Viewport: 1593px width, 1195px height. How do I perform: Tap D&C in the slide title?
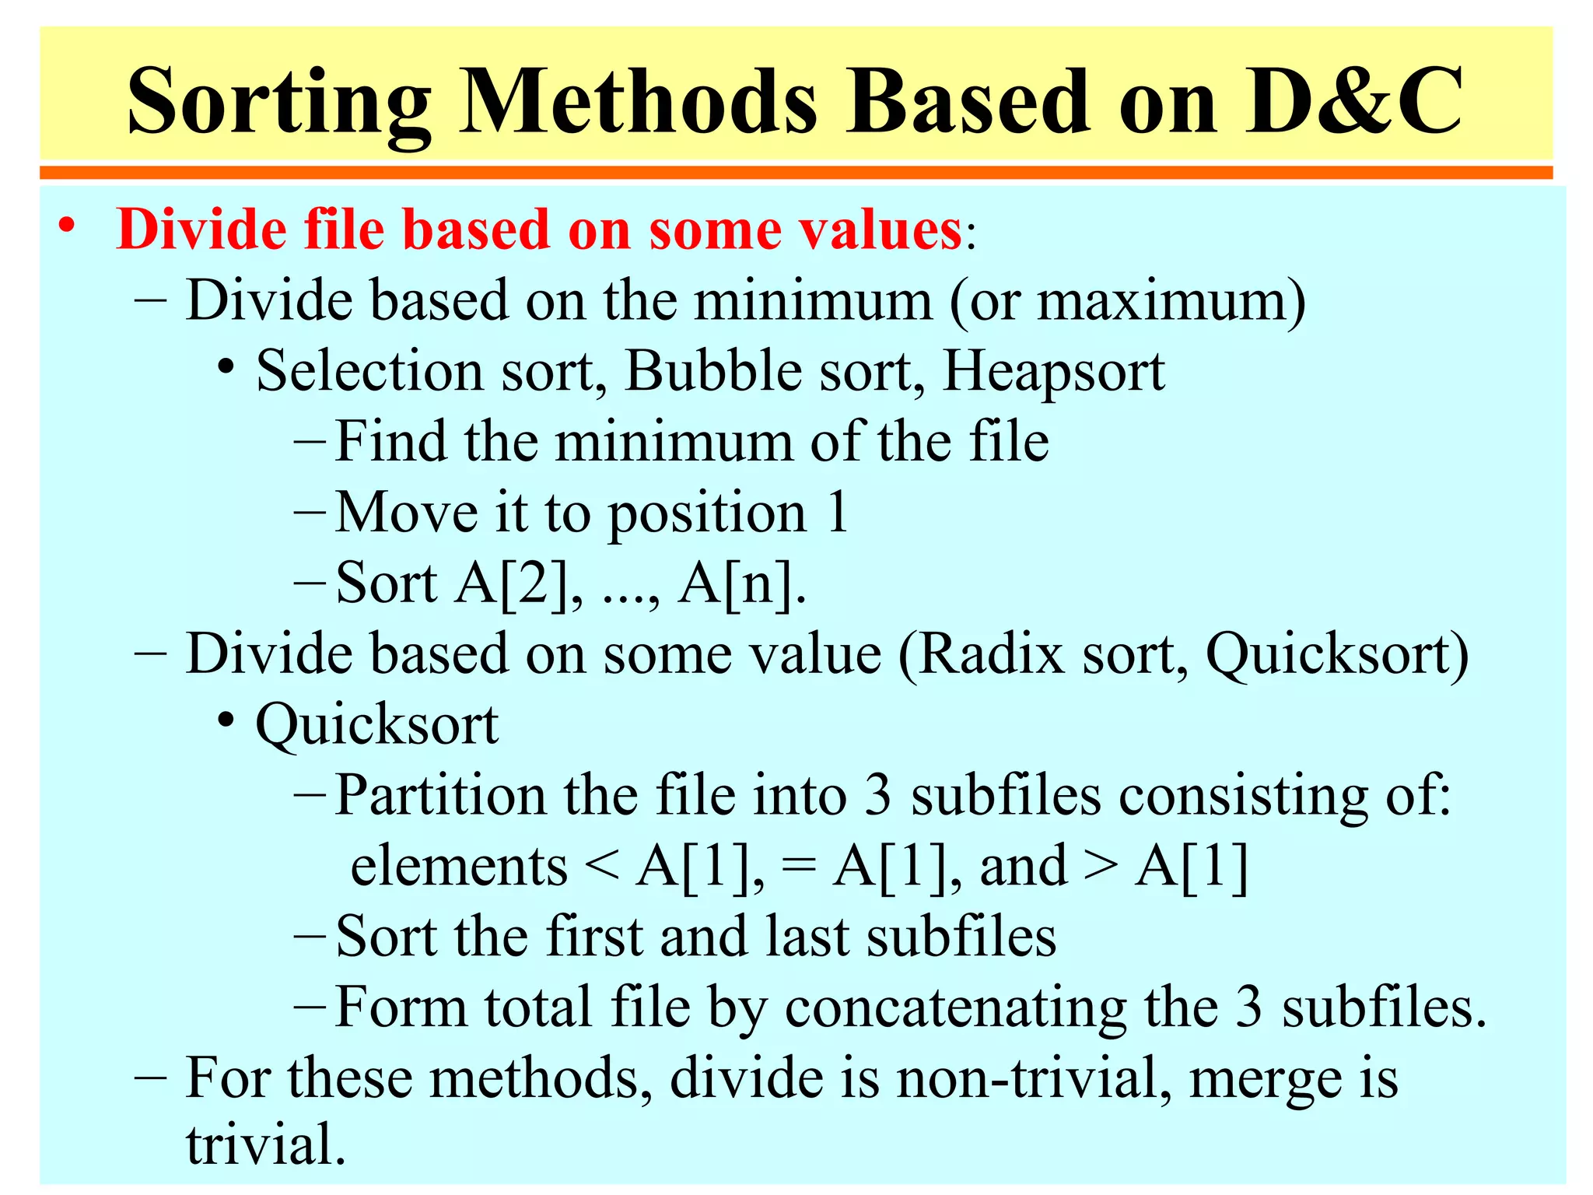[x=1353, y=101]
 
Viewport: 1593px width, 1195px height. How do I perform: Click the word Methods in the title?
[x=639, y=101]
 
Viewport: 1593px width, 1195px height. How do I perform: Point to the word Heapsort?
[x=1054, y=371]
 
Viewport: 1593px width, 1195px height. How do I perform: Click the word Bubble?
[x=712, y=371]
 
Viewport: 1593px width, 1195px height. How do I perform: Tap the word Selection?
[x=369, y=371]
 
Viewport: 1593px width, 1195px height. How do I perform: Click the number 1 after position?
[x=837, y=513]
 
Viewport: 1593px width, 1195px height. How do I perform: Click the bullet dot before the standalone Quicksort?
[x=226, y=721]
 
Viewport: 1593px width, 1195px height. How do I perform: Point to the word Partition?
[x=440, y=796]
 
